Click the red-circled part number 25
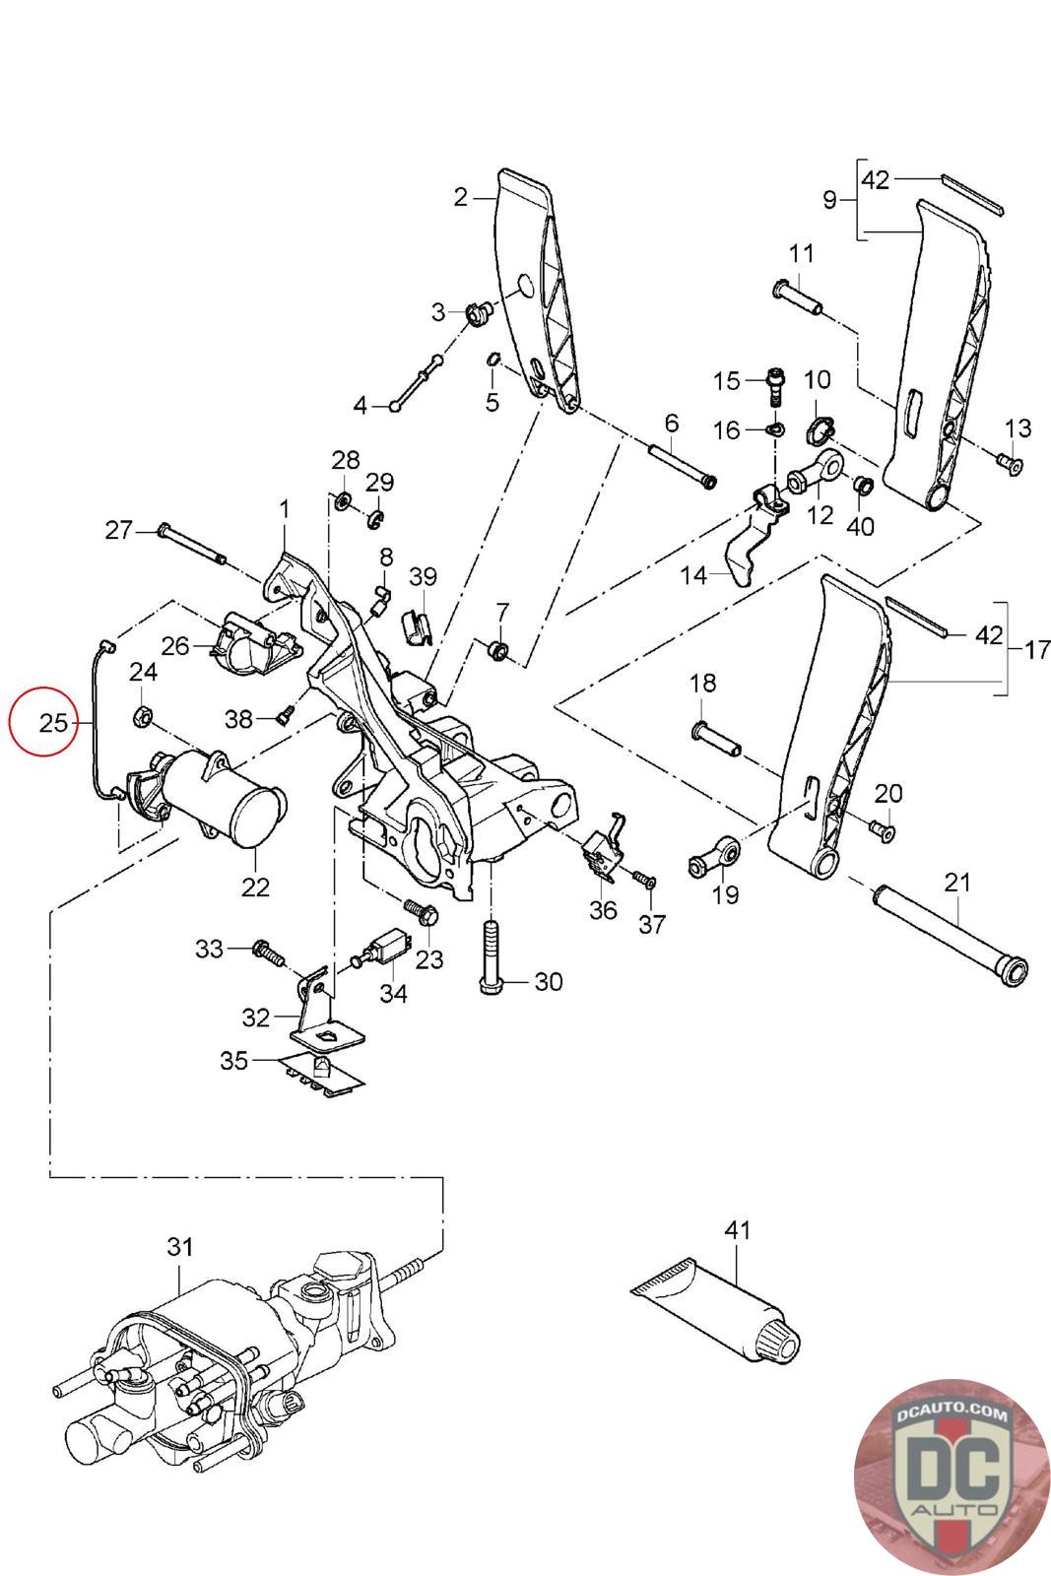[53, 723]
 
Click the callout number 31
[179, 1188]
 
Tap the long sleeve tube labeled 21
[951, 936]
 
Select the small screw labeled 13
[1010, 464]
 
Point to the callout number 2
[460, 197]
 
